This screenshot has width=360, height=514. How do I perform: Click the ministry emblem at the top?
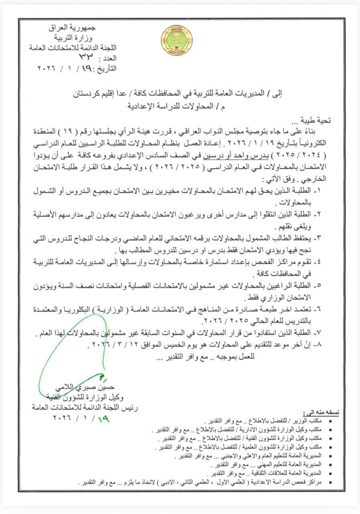click(177, 41)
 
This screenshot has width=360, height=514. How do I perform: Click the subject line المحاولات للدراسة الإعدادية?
click(181, 107)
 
